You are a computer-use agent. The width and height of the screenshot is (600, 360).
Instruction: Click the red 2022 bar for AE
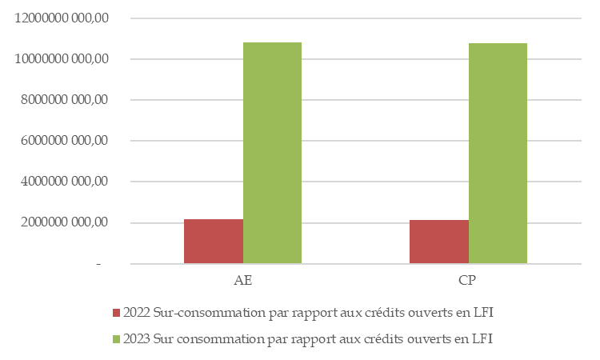pyautogui.click(x=214, y=241)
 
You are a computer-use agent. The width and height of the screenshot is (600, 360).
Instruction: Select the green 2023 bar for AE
pyautogui.click(x=272, y=153)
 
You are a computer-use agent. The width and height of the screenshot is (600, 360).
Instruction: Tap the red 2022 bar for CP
pyautogui.click(x=438, y=241)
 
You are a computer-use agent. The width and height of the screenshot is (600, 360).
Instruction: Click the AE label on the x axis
pyautogui.click(x=242, y=282)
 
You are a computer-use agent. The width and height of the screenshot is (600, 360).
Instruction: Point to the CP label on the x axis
pyautogui.click(x=468, y=282)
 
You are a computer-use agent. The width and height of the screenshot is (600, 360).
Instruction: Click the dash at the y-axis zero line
pyautogui.click(x=98, y=264)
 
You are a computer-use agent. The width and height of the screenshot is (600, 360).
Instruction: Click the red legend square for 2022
pyautogui.click(x=117, y=312)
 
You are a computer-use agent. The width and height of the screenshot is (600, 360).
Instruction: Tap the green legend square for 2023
pyautogui.click(x=117, y=338)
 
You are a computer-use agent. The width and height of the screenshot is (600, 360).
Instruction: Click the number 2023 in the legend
pyautogui.click(x=138, y=338)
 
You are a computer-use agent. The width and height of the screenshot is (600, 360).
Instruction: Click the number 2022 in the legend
pyautogui.click(x=138, y=312)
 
